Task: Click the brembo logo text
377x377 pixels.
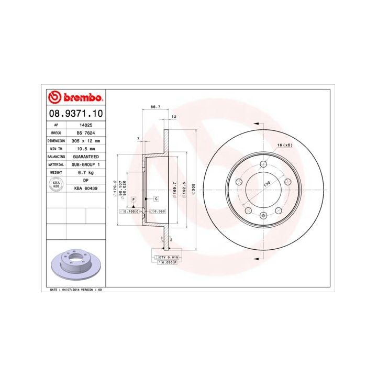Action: click(81, 97)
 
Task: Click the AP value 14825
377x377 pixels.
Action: click(85, 126)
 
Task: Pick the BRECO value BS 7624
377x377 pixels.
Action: click(85, 134)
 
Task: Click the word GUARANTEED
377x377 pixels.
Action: click(85, 157)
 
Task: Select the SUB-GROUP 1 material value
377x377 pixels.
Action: click(85, 164)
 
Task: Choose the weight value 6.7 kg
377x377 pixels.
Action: click(85, 172)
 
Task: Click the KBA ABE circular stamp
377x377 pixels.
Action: click(56, 184)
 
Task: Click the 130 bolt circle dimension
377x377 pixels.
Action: click(267, 183)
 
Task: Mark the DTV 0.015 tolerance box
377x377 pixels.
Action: click(169, 257)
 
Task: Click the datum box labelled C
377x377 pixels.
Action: click(156, 199)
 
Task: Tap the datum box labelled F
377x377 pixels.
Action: click(134, 199)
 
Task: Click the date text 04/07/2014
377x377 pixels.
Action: click(70, 289)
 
